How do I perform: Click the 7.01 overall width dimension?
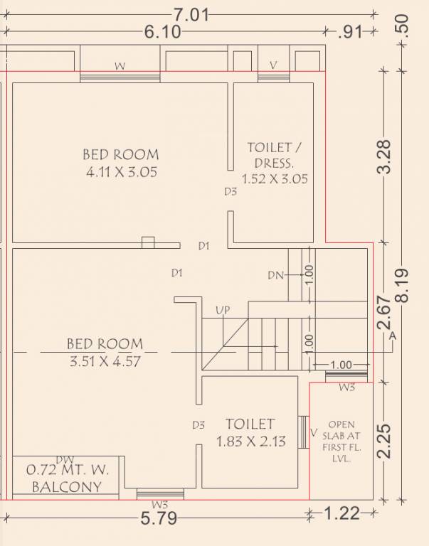pos(191,15)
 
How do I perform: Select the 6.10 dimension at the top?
pos(162,32)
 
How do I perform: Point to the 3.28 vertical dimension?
pos(385,157)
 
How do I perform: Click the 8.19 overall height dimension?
pos(402,286)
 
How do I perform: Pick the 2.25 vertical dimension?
pos(385,441)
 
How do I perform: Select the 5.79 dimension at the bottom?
pos(159,518)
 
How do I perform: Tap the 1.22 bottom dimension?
pos(341,513)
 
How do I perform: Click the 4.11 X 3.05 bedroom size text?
pos(122,172)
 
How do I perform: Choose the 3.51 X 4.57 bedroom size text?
pos(105,361)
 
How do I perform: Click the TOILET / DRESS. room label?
pos(275,155)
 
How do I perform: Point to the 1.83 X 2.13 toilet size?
pos(251,441)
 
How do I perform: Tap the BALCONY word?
pos(67,487)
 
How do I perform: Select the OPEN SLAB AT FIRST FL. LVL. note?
pos(341,441)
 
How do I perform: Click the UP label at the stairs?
pos(223,310)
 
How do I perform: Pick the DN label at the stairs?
pos(275,275)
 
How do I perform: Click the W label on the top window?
pos(120,66)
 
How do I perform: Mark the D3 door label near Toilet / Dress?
pos(231,191)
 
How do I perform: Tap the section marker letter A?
pos(393,336)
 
